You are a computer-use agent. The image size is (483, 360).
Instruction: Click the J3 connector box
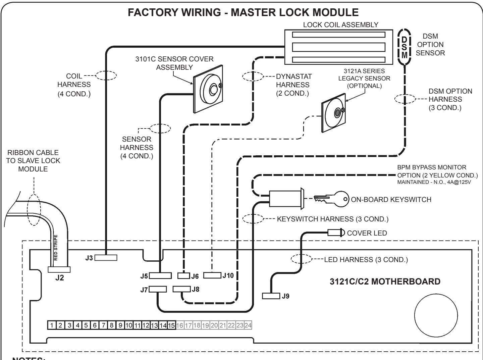(x=106, y=258)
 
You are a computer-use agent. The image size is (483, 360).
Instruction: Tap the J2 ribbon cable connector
(x=59, y=269)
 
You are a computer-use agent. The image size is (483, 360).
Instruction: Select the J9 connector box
(x=271, y=296)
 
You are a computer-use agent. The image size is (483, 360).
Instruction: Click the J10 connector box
(x=212, y=275)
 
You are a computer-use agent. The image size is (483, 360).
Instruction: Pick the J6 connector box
(x=183, y=276)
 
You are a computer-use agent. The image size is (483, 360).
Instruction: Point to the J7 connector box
(x=158, y=289)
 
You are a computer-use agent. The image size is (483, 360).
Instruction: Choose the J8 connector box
(x=181, y=289)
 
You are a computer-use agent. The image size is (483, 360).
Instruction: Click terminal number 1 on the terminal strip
(x=52, y=325)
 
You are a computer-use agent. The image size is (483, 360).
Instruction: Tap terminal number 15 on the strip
(x=171, y=325)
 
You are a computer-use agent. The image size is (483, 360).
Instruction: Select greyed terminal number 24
(x=248, y=325)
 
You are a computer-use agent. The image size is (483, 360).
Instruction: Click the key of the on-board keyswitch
(x=331, y=199)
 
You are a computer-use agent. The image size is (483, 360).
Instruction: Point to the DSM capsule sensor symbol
(x=405, y=47)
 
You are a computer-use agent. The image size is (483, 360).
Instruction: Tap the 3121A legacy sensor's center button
(x=337, y=113)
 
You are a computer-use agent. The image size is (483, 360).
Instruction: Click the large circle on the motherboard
(x=436, y=315)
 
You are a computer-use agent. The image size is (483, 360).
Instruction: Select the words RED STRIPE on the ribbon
(x=56, y=248)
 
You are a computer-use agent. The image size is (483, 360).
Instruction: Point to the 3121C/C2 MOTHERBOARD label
(x=385, y=281)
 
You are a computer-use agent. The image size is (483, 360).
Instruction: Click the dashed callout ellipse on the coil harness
(x=106, y=75)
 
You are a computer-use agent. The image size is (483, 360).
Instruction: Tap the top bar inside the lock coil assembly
(x=339, y=35)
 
